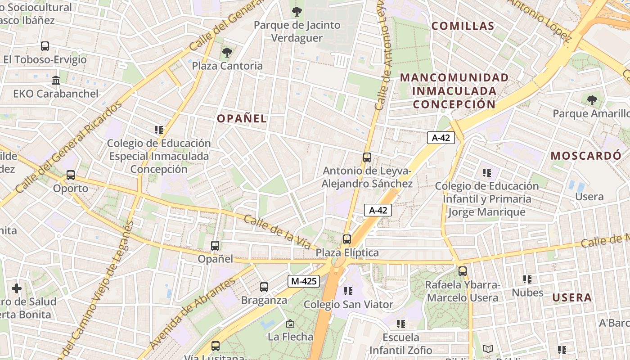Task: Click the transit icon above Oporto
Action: tap(71, 175)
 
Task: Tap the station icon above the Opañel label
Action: tap(215, 246)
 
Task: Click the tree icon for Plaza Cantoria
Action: tap(227, 53)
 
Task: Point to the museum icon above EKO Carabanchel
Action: tap(56, 81)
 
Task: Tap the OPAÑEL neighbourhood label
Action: tap(242, 119)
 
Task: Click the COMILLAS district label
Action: tap(463, 26)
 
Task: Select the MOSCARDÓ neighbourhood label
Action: tap(586, 156)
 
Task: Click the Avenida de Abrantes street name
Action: tap(193, 313)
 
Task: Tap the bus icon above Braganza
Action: tap(264, 287)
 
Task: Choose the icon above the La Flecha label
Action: tap(290, 324)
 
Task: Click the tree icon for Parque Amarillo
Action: tap(592, 100)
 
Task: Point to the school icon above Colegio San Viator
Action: tap(348, 292)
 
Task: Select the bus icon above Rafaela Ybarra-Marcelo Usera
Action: tap(463, 271)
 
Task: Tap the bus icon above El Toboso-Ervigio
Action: tap(45, 46)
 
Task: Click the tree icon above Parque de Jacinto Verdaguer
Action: tap(297, 12)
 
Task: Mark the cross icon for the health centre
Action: tap(17, 288)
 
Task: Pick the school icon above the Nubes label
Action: tap(527, 279)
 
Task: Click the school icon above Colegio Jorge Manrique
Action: tap(486, 172)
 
